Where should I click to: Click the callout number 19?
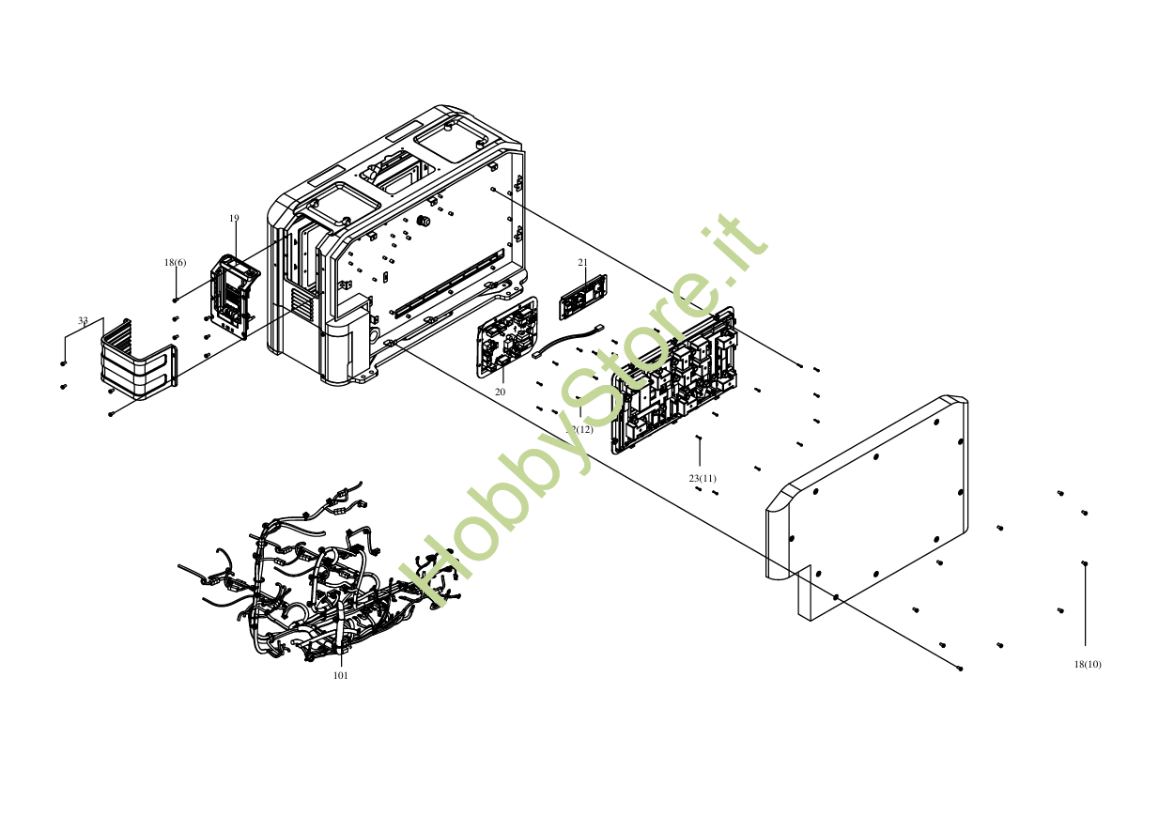234,218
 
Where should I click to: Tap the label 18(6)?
175,263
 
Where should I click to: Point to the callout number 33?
83,321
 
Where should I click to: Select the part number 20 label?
500,392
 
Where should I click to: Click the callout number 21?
582,262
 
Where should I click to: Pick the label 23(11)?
703,479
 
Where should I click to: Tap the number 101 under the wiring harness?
341,675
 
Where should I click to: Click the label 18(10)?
1088,664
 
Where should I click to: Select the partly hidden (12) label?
582,429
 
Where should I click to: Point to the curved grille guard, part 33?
137,362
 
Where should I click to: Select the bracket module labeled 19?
233,295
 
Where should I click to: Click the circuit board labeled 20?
507,337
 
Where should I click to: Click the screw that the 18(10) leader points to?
1085,563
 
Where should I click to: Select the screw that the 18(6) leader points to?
175,300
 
